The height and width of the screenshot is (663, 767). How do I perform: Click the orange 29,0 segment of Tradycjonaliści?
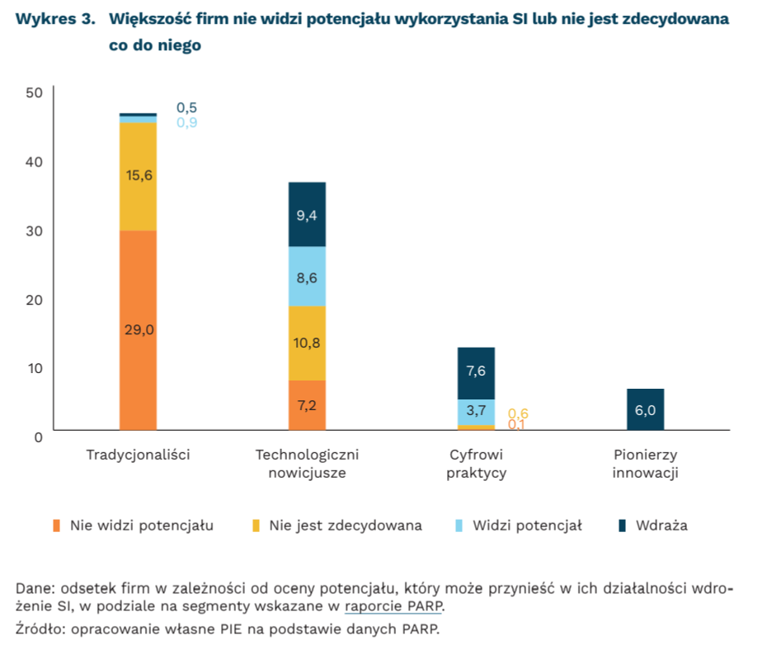(138, 329)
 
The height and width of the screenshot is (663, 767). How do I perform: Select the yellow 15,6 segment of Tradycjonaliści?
(138, 175)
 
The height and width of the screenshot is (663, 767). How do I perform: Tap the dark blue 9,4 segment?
(307, 215)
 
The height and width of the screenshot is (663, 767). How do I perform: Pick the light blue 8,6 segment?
(307, 277)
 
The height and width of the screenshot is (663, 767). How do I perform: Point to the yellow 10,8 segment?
(307, 343)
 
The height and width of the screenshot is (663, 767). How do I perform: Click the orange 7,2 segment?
(307, 404)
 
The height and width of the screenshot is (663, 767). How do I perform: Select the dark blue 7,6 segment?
(476, 372)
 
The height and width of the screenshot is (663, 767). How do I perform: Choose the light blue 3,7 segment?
(476, 411)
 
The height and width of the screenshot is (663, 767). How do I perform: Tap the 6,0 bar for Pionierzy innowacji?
(645, 409)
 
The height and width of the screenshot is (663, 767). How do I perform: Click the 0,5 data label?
(187, 108)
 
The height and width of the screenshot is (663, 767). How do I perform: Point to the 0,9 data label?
(187, 123)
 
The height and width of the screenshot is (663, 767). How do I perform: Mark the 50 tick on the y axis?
(34, 92)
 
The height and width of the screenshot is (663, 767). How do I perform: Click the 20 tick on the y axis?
(34, 299)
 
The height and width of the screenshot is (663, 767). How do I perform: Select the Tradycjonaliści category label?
(138, 455)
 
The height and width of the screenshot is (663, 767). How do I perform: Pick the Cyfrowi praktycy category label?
(476, 464)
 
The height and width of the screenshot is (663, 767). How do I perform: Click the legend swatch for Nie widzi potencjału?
(57, 525)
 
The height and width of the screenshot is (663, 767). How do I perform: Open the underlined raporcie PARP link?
(393, 608)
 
